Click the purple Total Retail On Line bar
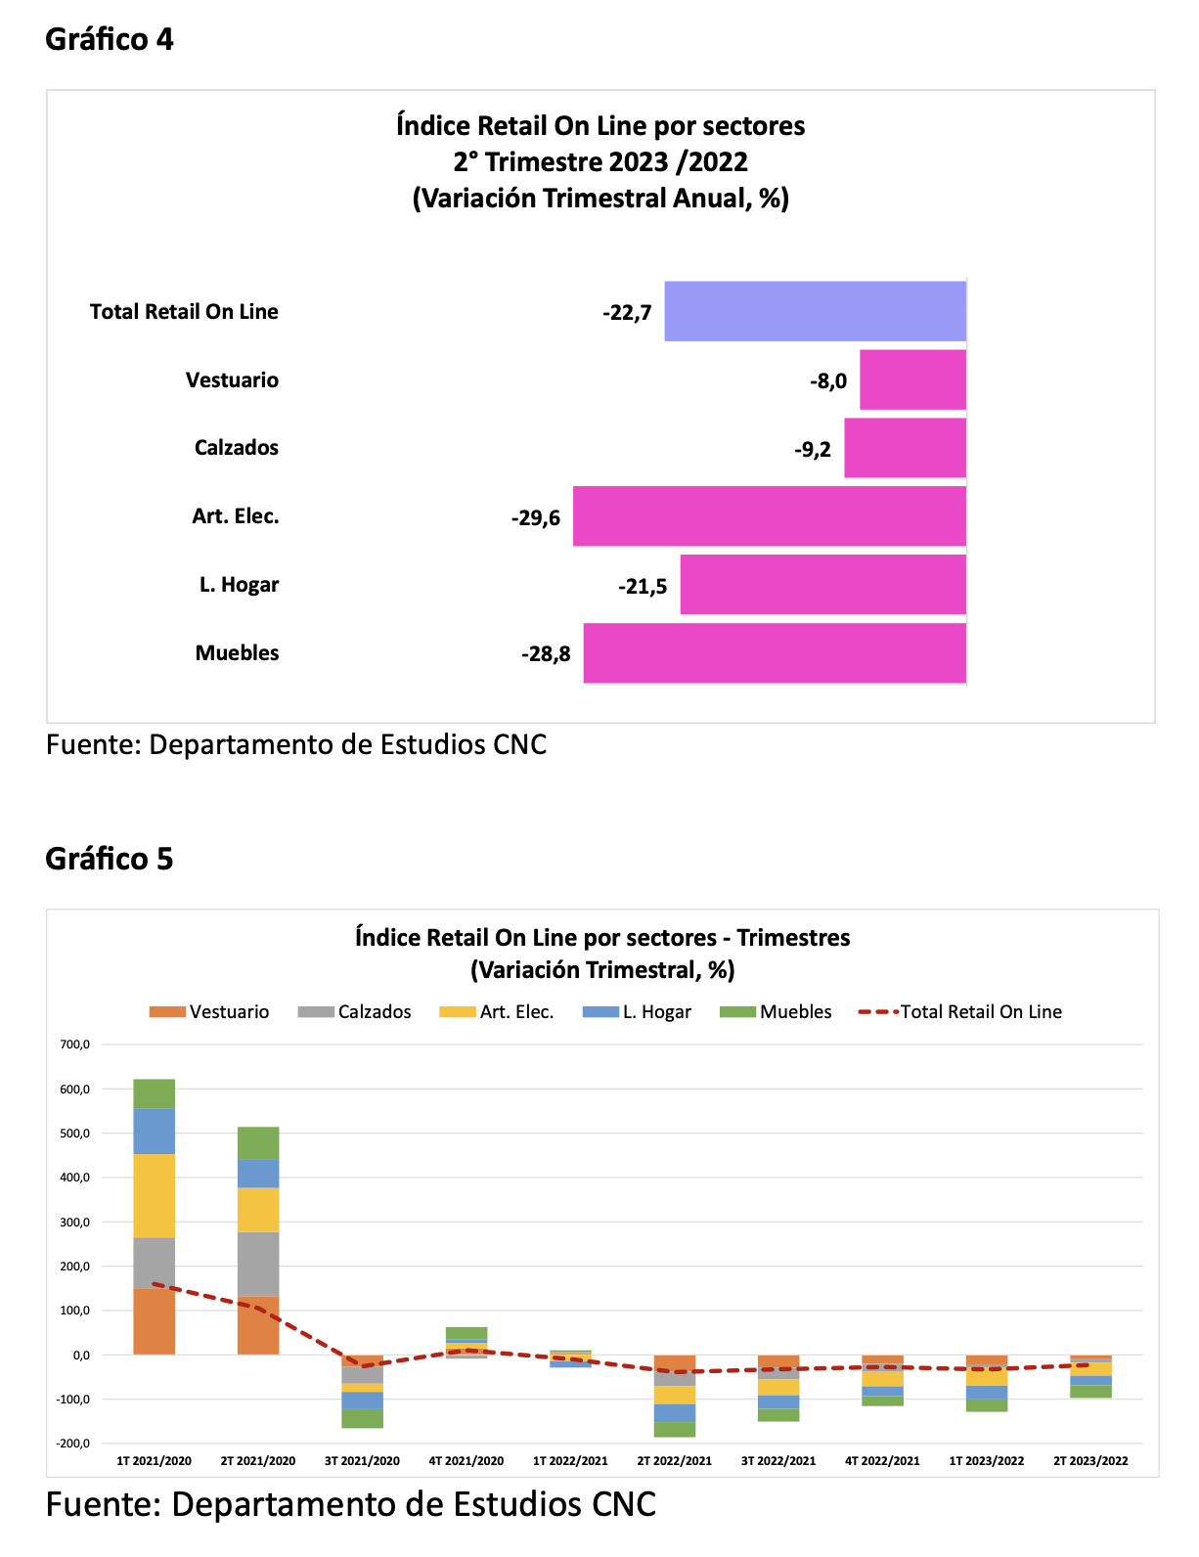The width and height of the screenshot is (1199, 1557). pyautogui.click(x=815, y=311)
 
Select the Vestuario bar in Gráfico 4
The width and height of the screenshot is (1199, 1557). pyautogui.click(x=911, y=379)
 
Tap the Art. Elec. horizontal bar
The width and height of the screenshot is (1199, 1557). pyautogui.click(x=769, y=515)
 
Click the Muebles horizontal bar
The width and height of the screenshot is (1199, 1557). pyautogui.click(x=774, y=652)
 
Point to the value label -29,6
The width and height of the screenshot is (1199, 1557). pyautogui.click(x=535, y=517)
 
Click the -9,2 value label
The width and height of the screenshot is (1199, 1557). pyautogui.click(x=813, y=449)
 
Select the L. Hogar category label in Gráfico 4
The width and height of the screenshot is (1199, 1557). pyautogui.click(x=239, y=584)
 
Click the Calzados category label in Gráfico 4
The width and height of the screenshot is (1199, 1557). pyautogui.click(x=237, y=447)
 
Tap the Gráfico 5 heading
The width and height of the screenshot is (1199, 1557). pyautogui.click(x=109, y=859)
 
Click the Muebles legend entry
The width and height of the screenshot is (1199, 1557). pyautogui.click(x=775, y=1011)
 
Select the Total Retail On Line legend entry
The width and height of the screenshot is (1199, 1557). pyautogui.click(x=959, y=1011)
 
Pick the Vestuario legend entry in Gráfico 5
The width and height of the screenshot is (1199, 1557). pyautogui.click(x=208, y=1011)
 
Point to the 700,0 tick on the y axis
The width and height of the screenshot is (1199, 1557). pyautogui.click(x=74, y=1044)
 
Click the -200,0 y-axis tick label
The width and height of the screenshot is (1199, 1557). pyautogui.click(x=72, y=1444)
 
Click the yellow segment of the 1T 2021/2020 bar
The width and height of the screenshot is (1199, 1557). pyautogui.click(x=154, y=1196)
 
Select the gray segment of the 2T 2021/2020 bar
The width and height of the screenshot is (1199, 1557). pyautogui.click(x=258, y=1264)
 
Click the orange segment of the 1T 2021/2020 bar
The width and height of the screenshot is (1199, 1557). pyautogui.click(x=154, y=1321)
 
